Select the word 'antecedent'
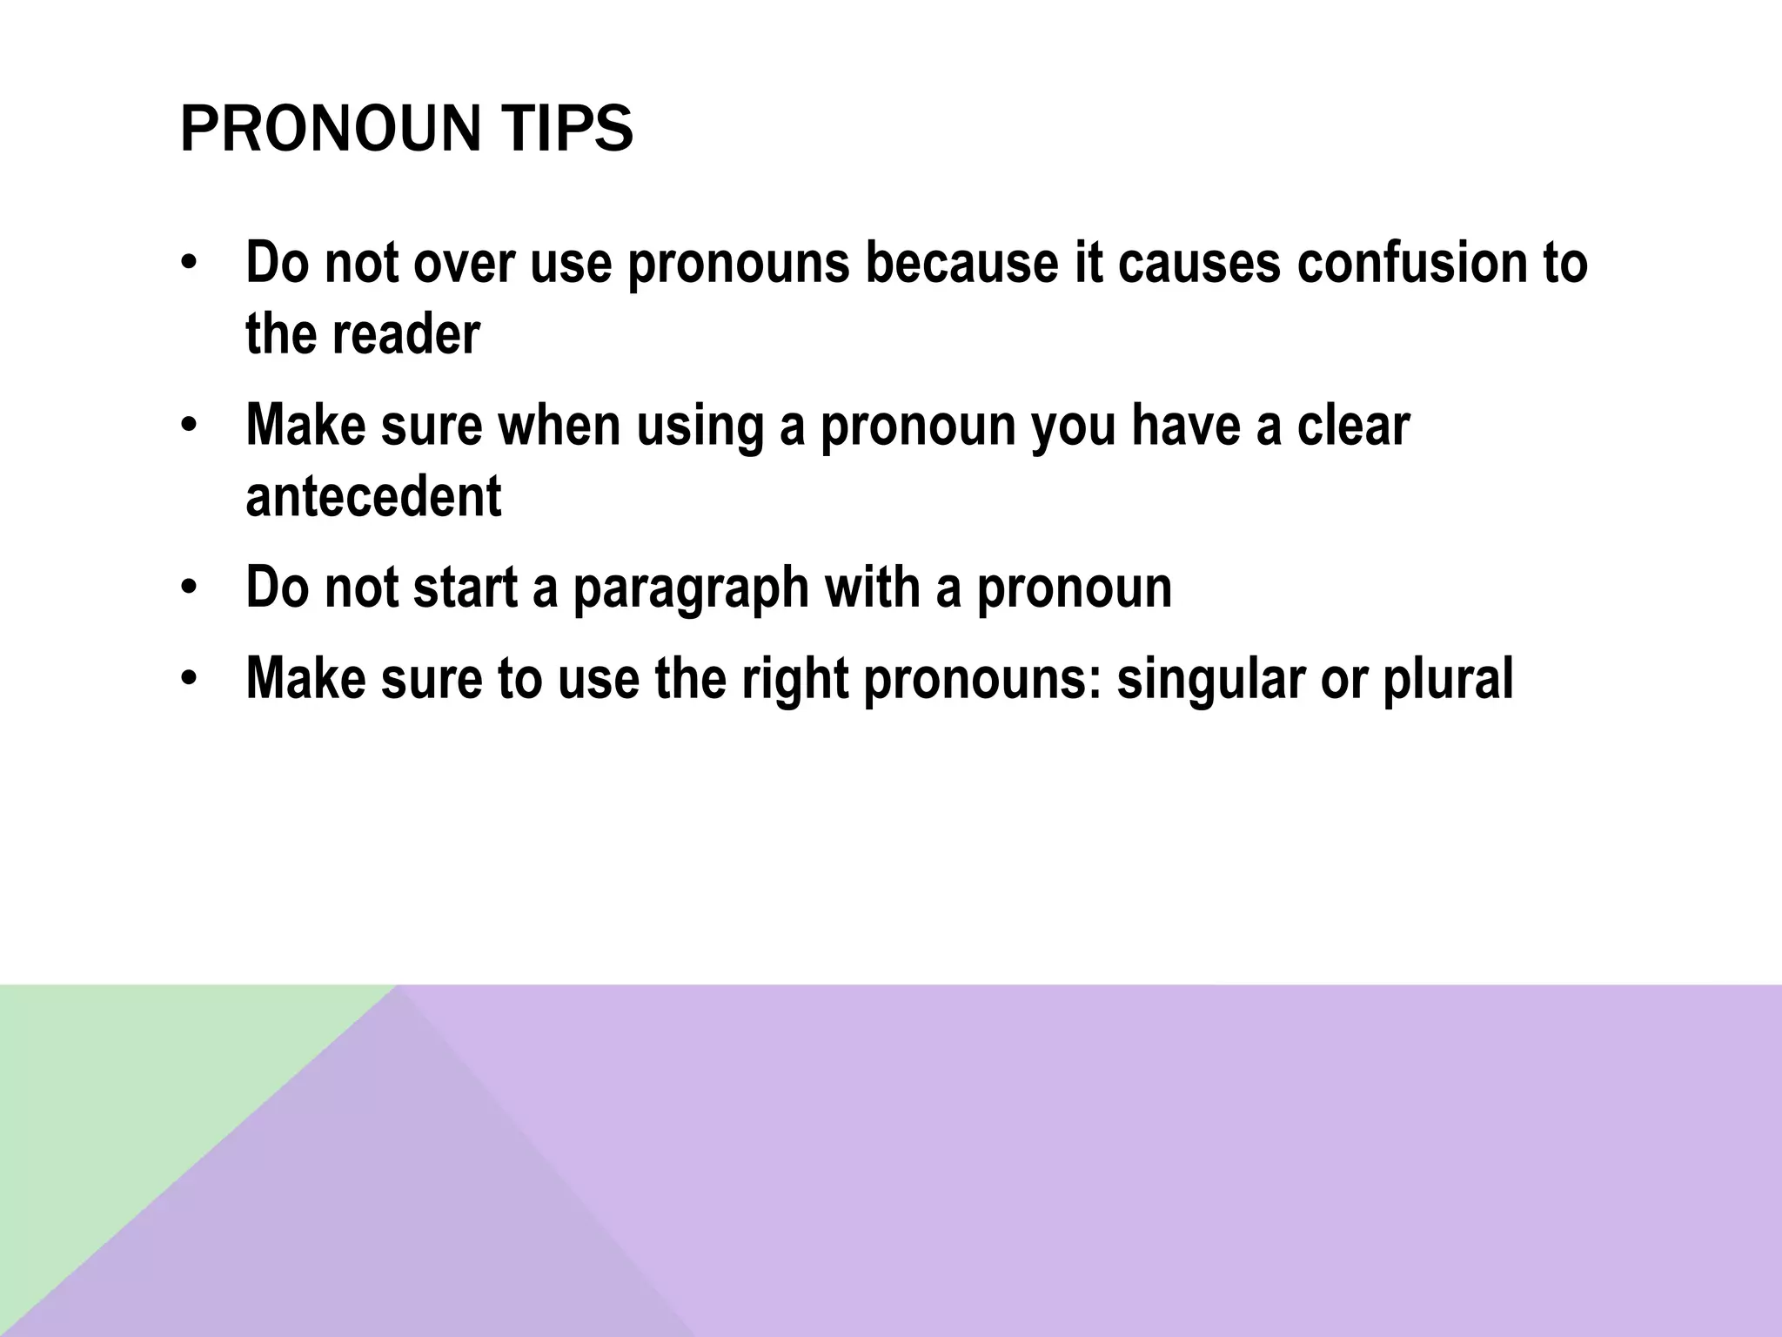click(x=373, y=496)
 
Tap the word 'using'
click(x=700, y=427)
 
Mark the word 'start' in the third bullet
click(x=466, y=588)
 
